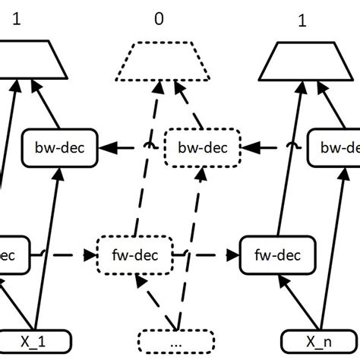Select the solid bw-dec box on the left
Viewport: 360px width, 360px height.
click(58, 146)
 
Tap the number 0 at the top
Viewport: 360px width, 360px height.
click(158, 17)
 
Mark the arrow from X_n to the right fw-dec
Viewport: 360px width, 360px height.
click(292, 300)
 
